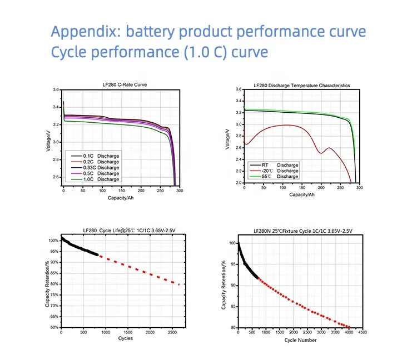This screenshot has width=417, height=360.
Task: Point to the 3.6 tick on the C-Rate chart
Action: click(56, 89)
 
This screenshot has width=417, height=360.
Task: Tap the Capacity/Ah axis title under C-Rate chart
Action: click(120, 197)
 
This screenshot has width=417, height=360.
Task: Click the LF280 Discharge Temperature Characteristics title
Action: click(301, 86)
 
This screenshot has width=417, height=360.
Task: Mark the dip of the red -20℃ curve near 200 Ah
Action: click(321, 152)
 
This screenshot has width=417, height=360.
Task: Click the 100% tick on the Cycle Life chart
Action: click(53, 241)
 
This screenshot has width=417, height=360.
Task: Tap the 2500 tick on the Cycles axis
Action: click(173, 332)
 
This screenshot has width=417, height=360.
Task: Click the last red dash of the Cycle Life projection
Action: click(178, 284)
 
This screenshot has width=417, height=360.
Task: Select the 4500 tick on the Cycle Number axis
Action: click(363, 333)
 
